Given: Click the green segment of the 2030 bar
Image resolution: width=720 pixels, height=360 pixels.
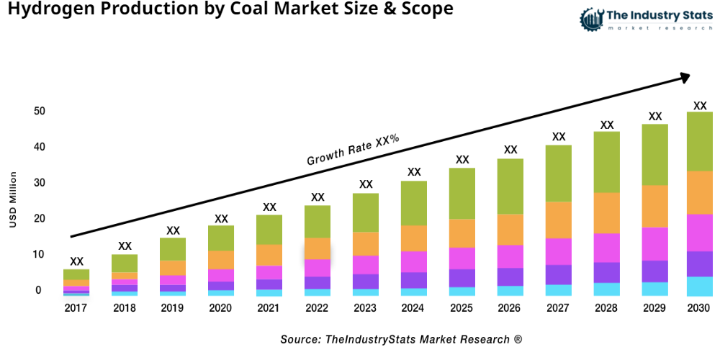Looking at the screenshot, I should click(699, 141).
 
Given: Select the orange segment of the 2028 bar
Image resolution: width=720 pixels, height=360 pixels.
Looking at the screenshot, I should click(607, 213).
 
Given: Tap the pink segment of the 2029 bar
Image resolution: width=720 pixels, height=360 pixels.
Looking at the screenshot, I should click(654, 243).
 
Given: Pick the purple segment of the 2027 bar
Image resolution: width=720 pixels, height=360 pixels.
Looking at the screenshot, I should click(559, 274).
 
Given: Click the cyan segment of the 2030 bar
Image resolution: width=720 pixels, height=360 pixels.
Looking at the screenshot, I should click(699, 286).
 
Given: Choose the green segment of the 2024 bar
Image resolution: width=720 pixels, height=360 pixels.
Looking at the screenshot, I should click(414, 203).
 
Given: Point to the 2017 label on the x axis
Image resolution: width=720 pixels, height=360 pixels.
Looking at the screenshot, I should click(76, 308).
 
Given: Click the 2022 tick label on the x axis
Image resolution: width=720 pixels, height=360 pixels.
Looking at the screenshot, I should click(318, 308).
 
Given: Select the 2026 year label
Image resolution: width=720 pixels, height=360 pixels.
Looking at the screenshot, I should click(510, 308).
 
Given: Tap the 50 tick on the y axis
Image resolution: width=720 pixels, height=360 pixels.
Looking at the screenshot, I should click(39, 111).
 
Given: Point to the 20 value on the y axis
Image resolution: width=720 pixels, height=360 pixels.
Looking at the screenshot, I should click(39, 219).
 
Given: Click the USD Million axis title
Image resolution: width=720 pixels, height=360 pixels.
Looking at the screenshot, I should click(13, 200).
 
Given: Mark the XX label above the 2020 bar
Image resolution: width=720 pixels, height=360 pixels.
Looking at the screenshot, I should click(221, 218).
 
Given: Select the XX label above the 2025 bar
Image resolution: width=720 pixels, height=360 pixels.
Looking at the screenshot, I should click(462, 160).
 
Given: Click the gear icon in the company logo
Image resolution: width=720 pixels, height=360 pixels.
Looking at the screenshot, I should click(591, 19).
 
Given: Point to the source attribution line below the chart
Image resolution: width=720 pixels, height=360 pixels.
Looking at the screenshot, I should click(400, 338).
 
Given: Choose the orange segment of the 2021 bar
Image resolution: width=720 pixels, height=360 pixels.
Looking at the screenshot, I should click(269, 255).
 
